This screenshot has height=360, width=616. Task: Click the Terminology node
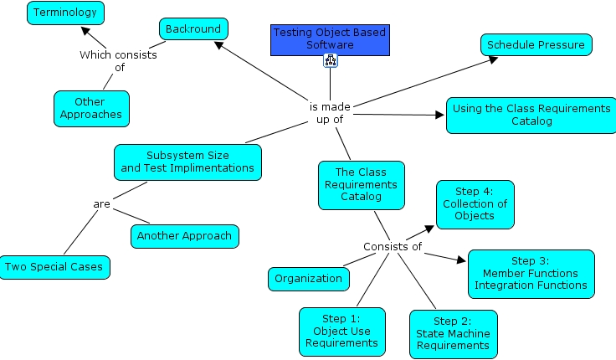(x=65, y=12)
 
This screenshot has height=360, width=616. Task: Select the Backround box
(x=193, y=29)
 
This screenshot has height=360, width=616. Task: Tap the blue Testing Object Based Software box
(x=330, y=39)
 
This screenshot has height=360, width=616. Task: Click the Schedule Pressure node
(x=536, y=45)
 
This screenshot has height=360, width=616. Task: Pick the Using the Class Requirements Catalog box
(x=528, y=115)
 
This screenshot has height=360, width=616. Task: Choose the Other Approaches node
(x=91, y=108)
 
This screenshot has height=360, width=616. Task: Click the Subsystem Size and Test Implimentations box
(x=187, y=162)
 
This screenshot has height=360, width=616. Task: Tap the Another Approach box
(x=185, y=236)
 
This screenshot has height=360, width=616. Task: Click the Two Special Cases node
(x=54, y=267)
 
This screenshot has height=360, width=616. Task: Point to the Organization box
(x=308, y=279)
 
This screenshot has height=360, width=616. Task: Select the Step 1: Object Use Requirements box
(x=341, y=331)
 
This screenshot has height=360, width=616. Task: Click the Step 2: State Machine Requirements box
(x=453, y=333)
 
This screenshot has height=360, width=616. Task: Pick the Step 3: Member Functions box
(x=531, y=273)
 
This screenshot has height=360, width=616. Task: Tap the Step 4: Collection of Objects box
(x=475, y=203)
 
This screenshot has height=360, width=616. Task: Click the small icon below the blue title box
(x=330, y=61)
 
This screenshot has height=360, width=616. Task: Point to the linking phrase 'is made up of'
(x=330, y=113)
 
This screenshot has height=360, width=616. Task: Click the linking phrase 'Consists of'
(x=392, y=246)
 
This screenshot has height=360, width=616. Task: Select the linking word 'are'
(x=102, y=203)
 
